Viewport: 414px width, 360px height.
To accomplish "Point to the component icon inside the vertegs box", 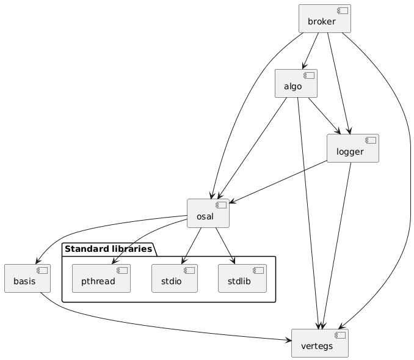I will point(340,336).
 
